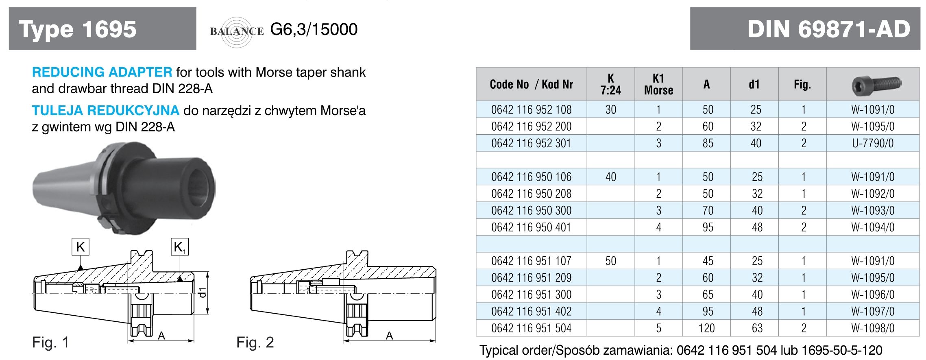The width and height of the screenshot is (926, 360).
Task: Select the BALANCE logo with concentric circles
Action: tap(237, 31)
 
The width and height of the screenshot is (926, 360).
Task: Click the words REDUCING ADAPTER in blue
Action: tap(102, 72)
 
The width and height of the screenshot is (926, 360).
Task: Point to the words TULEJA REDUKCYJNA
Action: tap(105, 110)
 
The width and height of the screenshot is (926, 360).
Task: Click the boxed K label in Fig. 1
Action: tap(81, 247)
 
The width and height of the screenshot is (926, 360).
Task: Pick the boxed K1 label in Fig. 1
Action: tap(179, 247)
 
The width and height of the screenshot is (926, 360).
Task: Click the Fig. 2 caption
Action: tap(255, 342)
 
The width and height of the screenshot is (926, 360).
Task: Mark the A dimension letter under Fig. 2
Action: tap(389, 336)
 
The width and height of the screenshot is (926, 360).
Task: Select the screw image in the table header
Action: tap(876, 85)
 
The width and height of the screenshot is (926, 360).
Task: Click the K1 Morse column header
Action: tap(658, 84)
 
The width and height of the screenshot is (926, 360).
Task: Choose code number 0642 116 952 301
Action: tap(531, 143)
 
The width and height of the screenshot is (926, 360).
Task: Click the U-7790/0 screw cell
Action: tap(873, 143)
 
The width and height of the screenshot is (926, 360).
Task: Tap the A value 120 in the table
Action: tap(707, 328)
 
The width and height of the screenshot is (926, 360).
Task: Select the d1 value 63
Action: tap(757, 328)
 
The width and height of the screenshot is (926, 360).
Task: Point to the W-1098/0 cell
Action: tap(873, 328)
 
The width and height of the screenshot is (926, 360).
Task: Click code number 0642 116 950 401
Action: tap(531, 227)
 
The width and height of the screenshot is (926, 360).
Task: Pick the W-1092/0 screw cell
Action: tap(873, 194)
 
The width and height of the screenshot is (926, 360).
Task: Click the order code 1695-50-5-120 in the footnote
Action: tap(841, 350)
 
